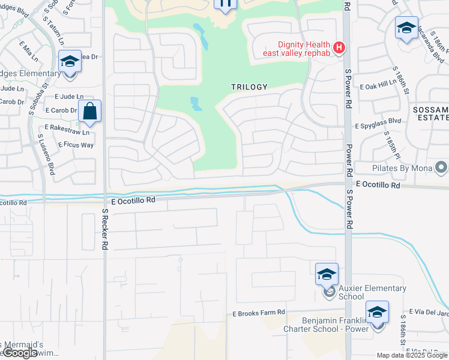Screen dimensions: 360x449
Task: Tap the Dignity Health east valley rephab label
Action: [x=297, y=49]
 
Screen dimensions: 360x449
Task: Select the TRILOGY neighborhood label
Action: [x=249, y=87]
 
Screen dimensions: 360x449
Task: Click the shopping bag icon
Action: [x=89, y=111]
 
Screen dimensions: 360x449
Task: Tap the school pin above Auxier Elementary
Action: [x=327, y=275]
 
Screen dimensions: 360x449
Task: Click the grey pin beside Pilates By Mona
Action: [x=441, y=167]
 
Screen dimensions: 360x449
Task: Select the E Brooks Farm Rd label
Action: [x=258, y=314]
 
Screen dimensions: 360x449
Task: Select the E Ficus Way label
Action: [x=76, y=145]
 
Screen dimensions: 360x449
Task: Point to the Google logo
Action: [x=19, y=353]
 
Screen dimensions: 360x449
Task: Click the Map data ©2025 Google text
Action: [x=412, y=355]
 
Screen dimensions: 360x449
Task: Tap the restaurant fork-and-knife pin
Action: [x=225, y=5]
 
